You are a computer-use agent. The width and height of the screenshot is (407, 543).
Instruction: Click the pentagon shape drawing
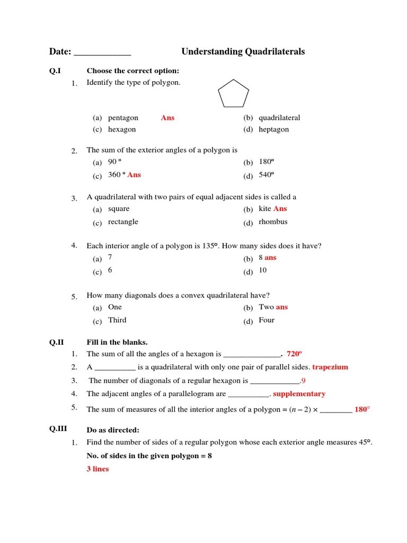coord(233,93)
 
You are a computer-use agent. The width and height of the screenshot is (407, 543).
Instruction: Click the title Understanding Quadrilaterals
coord(243,51)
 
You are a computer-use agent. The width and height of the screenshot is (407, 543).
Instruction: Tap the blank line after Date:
coord(102,52)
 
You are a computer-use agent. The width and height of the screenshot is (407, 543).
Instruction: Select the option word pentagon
coord(123,118)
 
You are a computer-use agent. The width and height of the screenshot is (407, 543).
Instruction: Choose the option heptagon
coord(273,129)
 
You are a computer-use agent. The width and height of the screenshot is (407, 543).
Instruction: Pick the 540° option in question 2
coord(266,175)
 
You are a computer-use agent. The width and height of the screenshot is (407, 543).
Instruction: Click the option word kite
coord(264,209)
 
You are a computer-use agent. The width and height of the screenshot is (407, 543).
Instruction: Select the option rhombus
coord(273,222)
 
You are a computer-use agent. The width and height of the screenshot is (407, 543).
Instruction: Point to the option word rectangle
coord(123,222)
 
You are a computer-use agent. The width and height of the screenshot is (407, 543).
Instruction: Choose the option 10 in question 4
coord(263,270)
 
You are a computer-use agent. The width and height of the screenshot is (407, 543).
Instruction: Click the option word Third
coord(117,320)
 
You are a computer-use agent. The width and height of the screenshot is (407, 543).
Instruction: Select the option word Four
coord(267,320)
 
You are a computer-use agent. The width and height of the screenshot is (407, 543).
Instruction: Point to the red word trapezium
coord(330,367)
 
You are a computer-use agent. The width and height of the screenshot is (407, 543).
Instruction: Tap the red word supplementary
coord(299,394)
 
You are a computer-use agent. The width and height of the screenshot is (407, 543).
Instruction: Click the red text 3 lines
coord(98,469)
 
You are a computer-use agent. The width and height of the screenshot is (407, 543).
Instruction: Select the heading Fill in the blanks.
coord(117,342)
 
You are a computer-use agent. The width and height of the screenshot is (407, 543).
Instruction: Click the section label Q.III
coord(58,429)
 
